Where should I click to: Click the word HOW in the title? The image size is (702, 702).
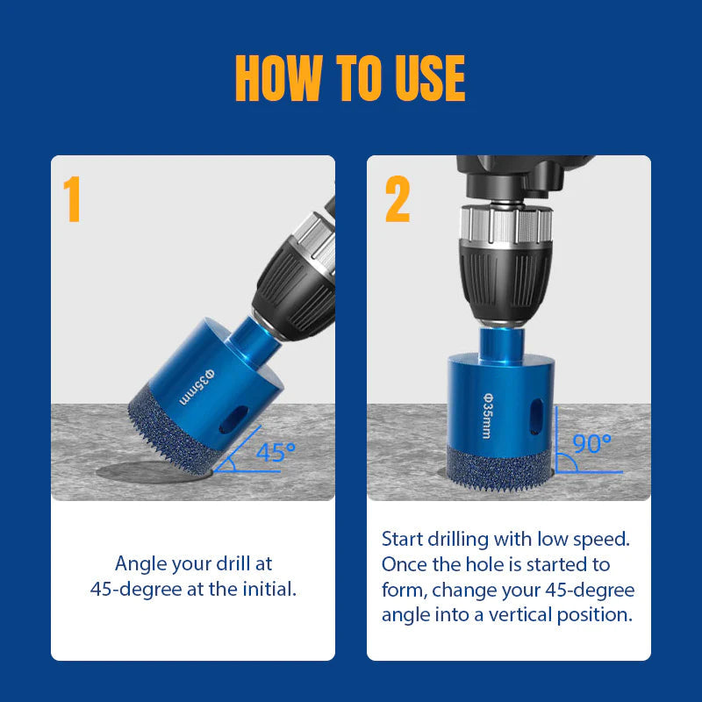pos(279,78)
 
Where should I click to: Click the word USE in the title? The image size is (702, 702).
pos(430,78)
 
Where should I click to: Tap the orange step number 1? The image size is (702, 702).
pos(72,199)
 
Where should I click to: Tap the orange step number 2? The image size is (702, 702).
pos(398,199)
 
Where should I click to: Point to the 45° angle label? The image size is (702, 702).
pos(276,452)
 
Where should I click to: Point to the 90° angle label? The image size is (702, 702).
pos(591,443)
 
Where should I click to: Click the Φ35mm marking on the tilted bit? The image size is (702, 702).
pos(197,387)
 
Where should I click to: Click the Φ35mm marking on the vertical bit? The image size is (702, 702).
pos(488,416)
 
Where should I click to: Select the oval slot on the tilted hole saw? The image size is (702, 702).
pos(233,419)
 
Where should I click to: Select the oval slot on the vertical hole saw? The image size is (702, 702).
pos(536,416)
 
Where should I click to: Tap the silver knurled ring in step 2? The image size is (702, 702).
pos(506,225)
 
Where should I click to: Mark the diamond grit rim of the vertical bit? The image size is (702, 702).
pos(499,469)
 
